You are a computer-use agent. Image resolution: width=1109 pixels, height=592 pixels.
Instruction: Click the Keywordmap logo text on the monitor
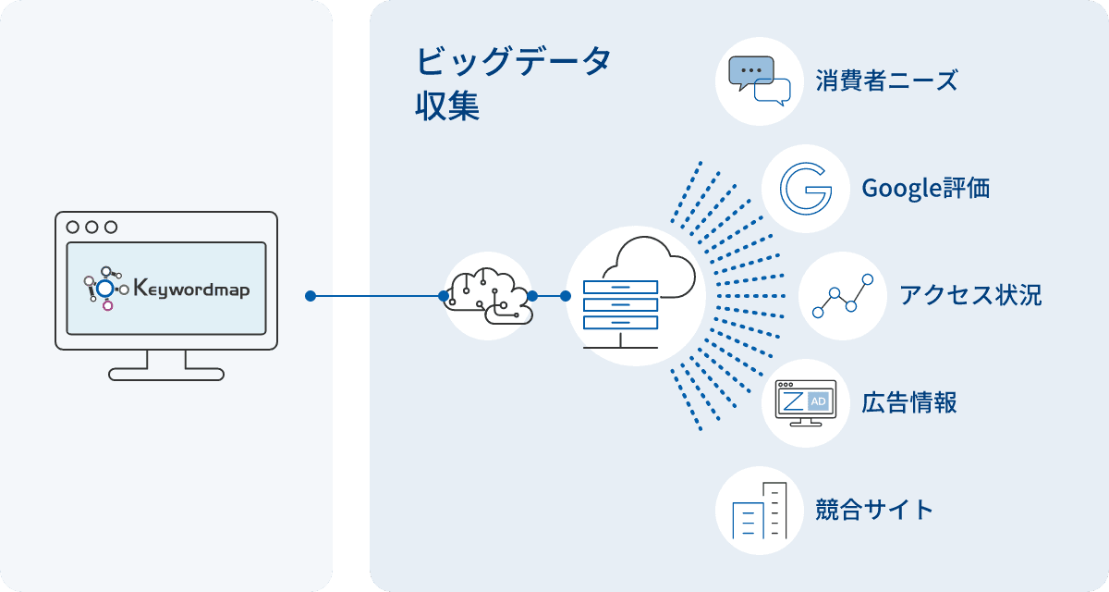191,289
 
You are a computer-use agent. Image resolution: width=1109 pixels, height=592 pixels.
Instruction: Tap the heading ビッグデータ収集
513,83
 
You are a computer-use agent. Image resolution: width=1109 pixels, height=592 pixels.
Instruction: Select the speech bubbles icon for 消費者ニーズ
760,81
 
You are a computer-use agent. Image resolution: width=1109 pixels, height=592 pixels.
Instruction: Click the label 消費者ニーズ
886,81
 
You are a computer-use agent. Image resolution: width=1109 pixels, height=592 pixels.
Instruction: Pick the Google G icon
805,189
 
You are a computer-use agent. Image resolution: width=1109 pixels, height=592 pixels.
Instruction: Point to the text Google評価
925,189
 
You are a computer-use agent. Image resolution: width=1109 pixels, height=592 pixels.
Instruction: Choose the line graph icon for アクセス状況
842,296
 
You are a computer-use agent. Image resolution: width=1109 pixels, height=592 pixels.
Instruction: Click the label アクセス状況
969,296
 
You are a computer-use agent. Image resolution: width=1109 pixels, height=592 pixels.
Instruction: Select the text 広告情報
908,403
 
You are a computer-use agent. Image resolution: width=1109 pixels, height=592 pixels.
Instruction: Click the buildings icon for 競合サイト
760,511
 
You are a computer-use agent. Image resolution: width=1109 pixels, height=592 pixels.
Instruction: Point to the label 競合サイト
874,511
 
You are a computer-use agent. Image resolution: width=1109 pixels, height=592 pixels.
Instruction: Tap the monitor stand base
166,374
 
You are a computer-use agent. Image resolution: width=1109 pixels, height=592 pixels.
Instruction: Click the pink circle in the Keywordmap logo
107,305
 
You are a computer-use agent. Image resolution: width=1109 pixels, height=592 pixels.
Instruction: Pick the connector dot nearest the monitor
311,296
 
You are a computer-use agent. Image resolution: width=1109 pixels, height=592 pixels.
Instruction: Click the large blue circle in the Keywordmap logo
105,289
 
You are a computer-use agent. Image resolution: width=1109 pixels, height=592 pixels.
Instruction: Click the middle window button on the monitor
91,227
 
